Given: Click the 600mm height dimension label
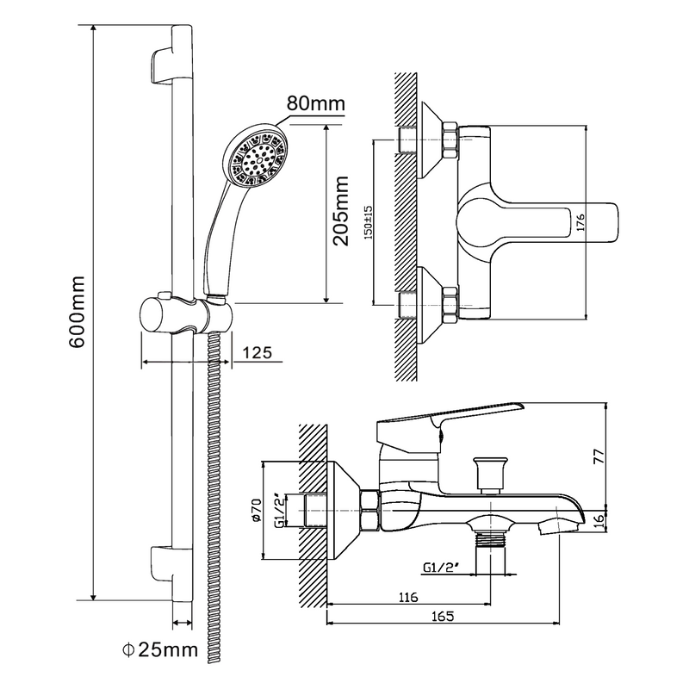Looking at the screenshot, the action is pos(77,312).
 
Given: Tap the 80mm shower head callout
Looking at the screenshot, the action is pos(315,103).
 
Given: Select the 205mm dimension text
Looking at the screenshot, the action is pos(340,211).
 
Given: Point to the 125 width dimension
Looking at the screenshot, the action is pos(258,352).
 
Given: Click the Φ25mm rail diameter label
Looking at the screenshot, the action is pos(160,649).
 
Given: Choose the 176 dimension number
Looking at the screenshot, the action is pos(580,223).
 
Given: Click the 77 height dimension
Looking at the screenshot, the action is pos(599,456).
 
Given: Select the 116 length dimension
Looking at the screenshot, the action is pos(408,597).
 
